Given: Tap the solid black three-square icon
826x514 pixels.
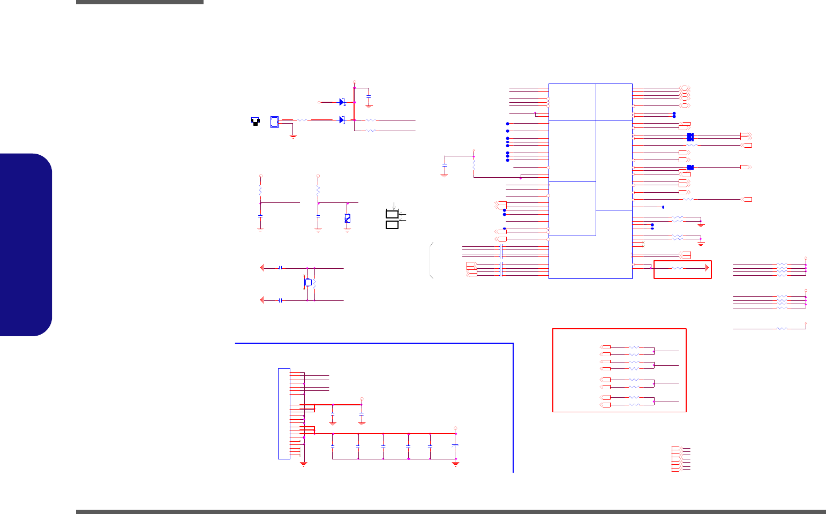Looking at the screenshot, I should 256,122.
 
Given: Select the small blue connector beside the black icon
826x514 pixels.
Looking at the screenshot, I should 274,122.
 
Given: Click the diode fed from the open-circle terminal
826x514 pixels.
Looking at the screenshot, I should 342,102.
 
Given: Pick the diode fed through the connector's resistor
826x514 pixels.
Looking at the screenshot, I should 342,119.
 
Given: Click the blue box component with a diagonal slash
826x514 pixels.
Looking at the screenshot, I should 347,218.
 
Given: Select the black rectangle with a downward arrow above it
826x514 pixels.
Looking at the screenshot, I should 392,214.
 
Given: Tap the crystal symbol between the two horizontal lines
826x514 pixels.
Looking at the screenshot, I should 308,282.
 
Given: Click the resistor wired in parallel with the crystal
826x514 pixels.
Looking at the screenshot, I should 314,283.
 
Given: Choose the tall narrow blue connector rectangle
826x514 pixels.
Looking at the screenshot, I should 284,413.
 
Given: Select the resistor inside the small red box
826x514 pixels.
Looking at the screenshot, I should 678,268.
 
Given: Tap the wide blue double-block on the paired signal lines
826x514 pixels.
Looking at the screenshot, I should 690,137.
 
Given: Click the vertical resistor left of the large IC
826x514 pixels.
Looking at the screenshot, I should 474,164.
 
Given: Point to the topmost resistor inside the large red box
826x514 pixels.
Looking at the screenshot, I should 634,347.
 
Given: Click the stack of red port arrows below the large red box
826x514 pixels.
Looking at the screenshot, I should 677,458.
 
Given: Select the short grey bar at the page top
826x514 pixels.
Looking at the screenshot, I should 140,2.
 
